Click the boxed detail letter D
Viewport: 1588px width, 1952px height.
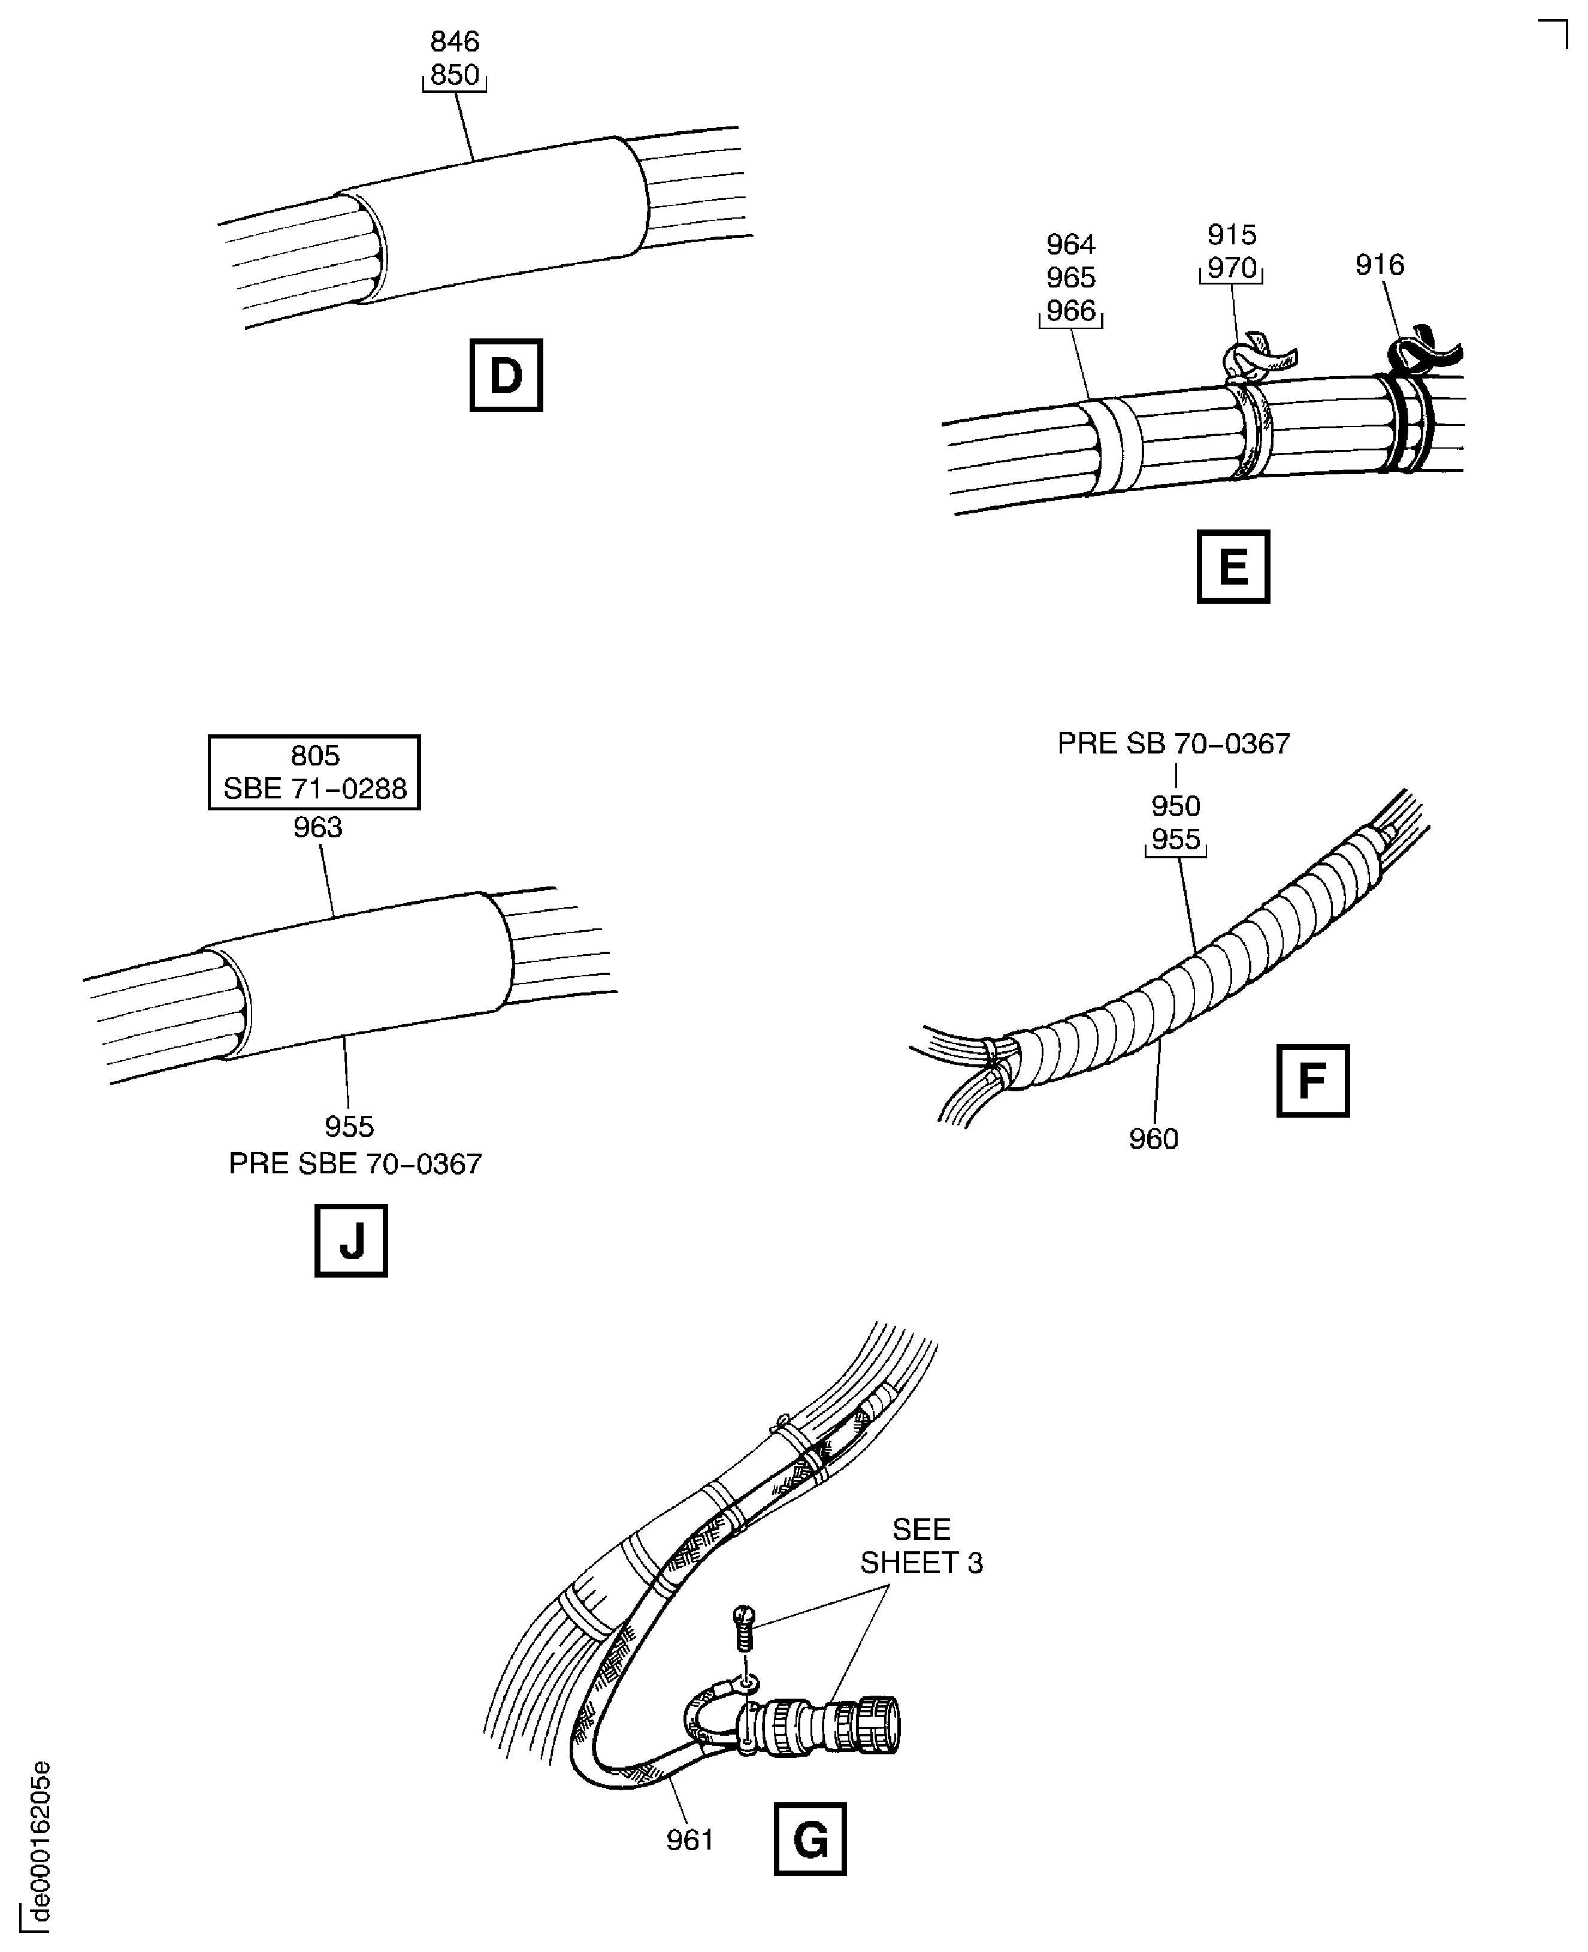[506, 375]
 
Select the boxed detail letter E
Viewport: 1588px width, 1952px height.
[1233, 566]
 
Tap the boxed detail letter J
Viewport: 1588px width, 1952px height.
[351, 1240]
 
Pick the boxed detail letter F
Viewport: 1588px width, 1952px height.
[1312, 1081]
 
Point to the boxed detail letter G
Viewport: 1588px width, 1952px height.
[810, 1839]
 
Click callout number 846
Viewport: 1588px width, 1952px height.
[455, 41]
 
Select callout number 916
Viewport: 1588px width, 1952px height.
[1380, 265]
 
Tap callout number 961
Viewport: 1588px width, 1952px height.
[689, 1839]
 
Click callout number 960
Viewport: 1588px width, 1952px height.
[1154, 1139]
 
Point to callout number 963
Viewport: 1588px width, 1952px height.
[317, 827]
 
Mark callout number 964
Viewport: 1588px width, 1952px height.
[1071, 244]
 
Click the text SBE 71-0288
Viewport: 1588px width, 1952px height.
[314, 788]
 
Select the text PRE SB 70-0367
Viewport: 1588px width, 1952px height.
[1173, 744]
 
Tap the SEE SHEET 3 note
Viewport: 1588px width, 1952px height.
[921, 1546]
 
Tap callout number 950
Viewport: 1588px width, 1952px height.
[1175, 806]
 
